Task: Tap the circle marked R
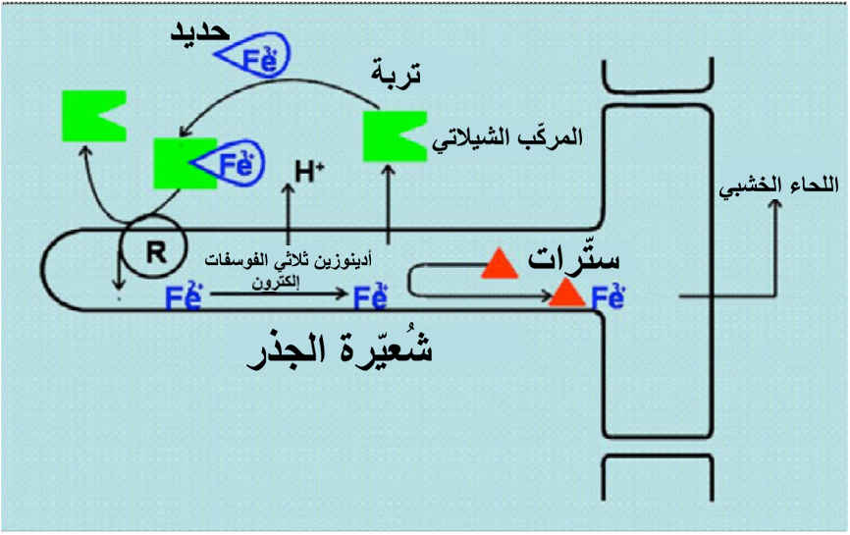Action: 154,250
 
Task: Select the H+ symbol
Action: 308,172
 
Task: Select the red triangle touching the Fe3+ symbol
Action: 566,293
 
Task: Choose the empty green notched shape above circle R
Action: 90,114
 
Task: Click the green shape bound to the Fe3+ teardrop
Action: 183,163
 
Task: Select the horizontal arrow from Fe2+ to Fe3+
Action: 276,293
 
